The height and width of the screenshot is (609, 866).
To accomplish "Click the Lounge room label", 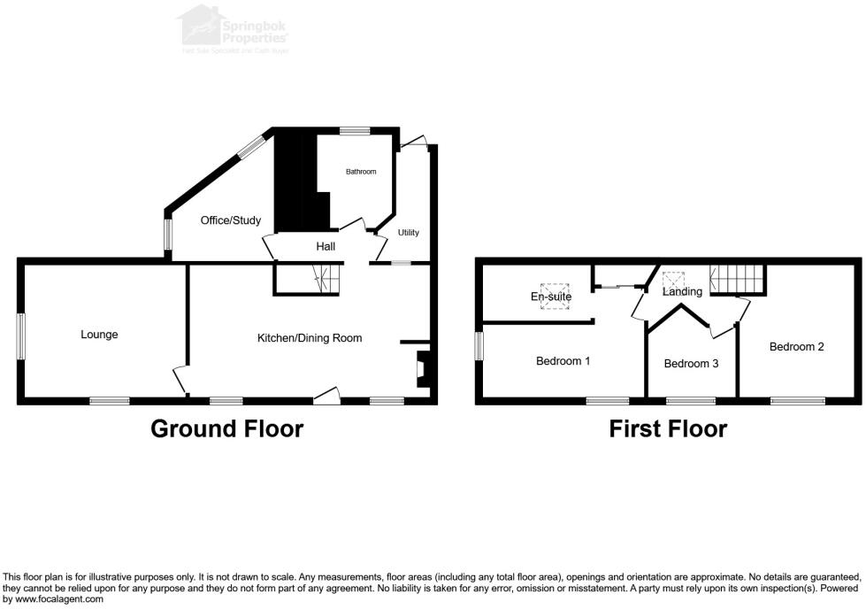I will tap(99, 335).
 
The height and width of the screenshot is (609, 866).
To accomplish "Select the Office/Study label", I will tap(231, 220).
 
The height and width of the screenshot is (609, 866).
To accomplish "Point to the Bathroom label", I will tap(361, 172).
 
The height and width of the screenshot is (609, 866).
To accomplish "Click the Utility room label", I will tap(408, 233).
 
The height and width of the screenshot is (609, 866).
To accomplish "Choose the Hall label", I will tap(326, 246).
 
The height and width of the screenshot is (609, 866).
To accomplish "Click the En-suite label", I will tap(551, 297).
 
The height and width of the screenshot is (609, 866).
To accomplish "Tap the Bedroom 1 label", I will tap(563, 361).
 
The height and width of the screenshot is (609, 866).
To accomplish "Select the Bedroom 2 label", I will tap(796, 347).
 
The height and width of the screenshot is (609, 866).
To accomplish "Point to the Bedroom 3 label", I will tap(691, 364).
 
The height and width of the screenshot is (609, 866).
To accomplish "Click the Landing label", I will tap(682, 291).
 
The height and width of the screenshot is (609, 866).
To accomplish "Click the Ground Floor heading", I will tap(226, 429).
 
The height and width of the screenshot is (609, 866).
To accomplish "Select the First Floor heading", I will tap(668, 429).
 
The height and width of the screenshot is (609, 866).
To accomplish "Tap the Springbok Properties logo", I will tap(234, 27).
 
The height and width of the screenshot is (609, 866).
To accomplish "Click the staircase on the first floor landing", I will tap(739, 280).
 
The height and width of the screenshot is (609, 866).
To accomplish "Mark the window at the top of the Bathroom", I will tap(356, 131).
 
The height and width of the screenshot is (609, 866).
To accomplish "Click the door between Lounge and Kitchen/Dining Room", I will tap(181, 380).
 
